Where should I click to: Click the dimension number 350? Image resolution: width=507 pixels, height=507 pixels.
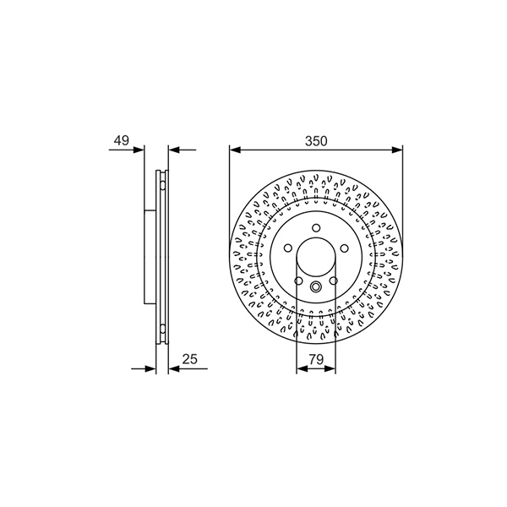pyautogui.click(x=316, y=141)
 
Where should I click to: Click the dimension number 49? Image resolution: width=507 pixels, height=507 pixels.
pyautogui.click(x=121, y=140)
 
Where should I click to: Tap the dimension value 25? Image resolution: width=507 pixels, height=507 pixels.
pyautogui.click(x=189, y=358)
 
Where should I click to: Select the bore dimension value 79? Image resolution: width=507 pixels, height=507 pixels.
pyautogui.click(x=316, y=358)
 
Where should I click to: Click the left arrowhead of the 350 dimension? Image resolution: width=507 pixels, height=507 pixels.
pyautogui.click(x=235, y=150)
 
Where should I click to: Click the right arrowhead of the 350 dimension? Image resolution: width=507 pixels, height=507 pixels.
pyautogui.click(x=397, y=150)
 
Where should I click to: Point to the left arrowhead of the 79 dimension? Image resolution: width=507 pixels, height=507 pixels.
pyautogui.click(x=302, y=368)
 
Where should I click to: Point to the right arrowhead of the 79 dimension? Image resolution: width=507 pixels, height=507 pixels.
pyautogui.click(x=330, y=368)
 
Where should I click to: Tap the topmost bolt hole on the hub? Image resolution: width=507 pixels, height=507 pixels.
pyautogui.click(x=316, y=227)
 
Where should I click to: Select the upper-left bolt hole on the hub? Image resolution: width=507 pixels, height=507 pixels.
pyautogui.click(x=288, y=248)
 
